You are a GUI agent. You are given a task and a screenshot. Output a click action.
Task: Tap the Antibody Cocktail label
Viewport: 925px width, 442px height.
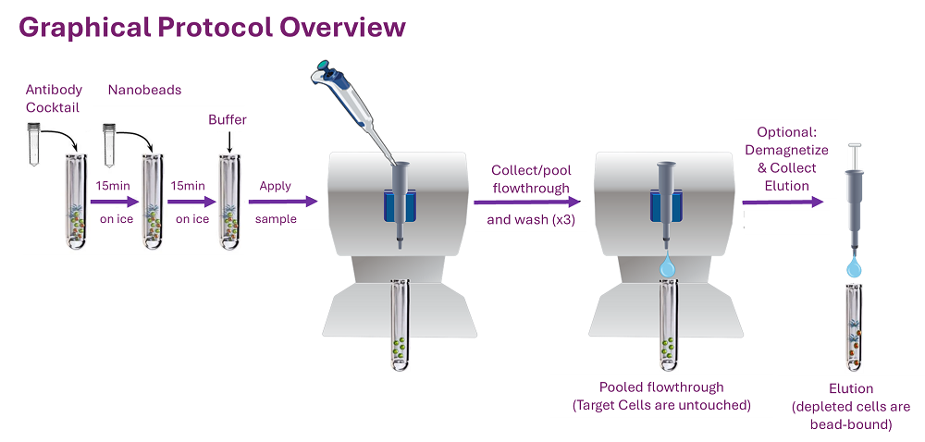(x=54, y=98)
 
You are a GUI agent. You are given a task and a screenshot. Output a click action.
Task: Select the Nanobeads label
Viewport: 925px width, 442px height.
(x=144, y=90)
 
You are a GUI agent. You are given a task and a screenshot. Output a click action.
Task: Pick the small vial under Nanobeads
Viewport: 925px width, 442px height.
(x=110, y=136)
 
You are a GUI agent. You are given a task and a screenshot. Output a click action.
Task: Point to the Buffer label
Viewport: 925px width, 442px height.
(x=228, y=120)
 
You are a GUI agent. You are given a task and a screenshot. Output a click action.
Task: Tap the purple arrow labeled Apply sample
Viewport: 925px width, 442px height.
(x=282, y=202)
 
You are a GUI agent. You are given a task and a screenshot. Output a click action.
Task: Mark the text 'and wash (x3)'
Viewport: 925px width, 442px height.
(x=527, y=221)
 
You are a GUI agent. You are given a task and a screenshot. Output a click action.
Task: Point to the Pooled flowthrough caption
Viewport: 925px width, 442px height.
(x=661, y=387)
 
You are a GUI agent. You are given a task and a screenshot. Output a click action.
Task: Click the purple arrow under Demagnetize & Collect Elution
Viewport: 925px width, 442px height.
(x=783, y=200)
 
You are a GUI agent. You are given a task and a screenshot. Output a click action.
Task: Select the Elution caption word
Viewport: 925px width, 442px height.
(x=851, y=389)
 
